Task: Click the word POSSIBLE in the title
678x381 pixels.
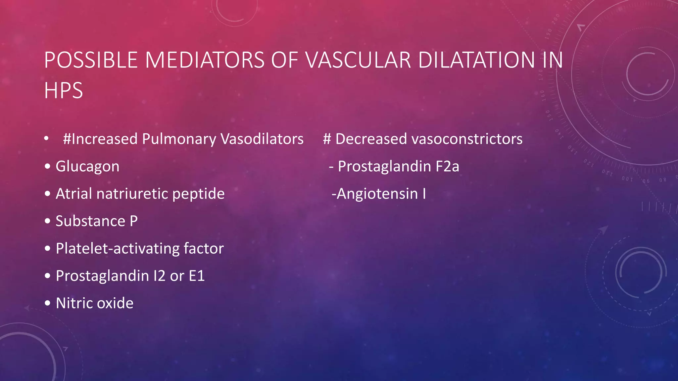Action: pos(90,60)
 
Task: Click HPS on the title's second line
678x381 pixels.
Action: pos(63,91)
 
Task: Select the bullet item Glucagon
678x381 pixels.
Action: pos(87,166)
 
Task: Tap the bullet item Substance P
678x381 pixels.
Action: pos(96,221)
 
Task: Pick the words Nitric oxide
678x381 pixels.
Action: pos(94,303)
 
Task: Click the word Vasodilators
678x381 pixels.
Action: pos(262,139)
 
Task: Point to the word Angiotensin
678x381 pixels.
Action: pos(377,194)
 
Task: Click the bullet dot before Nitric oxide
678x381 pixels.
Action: pos(48,303)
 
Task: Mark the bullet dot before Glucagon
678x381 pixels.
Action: pos(48,166)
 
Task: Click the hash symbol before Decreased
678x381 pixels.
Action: pos(327,139)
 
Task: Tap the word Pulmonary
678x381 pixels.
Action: pos(179,139)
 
